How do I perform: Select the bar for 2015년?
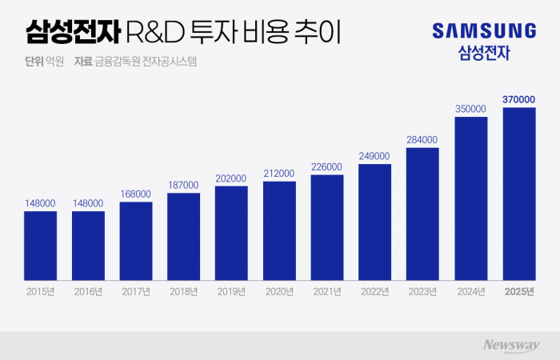[40, 246]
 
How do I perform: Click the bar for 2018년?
[183, 237]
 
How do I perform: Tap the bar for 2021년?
[327, 227]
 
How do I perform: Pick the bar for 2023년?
[422, 214]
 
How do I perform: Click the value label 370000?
[518, 99]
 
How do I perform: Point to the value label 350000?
[470, 108]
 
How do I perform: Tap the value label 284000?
[422, 138]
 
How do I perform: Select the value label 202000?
[231, 178]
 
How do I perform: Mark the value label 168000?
[136, 193]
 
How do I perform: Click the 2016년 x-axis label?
[88, 292]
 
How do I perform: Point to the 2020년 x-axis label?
[279, 292]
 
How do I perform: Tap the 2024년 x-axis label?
[470, 292]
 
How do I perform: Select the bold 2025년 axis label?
[518, 292]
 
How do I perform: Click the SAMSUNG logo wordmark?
[484, 31]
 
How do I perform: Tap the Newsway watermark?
[509, 345]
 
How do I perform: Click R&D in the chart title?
[157, 33]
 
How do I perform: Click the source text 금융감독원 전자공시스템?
[145, 62]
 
